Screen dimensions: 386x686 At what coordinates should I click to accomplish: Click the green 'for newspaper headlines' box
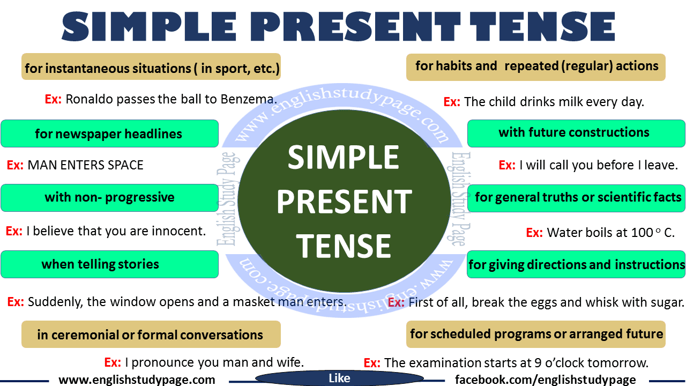click(109, 133)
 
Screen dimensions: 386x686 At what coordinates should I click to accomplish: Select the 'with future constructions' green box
click(576, 133)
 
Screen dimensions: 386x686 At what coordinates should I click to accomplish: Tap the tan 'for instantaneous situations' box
click(151, 67)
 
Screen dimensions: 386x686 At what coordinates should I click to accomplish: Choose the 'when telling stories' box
click(109, 264)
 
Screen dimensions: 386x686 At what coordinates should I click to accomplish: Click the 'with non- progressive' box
click(109, 198)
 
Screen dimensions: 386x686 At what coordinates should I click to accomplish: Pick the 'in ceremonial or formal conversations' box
click(151, 335)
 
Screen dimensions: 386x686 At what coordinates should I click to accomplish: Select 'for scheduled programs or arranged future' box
click(536, 334)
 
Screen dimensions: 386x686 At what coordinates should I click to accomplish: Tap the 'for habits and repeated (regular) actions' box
click(536, 66)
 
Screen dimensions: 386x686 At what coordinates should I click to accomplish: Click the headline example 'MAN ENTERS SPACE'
click(86, 165)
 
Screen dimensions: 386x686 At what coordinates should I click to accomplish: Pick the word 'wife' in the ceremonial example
click(289, 363)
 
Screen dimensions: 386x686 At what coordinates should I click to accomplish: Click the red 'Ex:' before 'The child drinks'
click(452, 102)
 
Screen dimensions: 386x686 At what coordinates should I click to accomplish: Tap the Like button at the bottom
click(339, 378)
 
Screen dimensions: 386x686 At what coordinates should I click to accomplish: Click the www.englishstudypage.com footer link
click(137, 380)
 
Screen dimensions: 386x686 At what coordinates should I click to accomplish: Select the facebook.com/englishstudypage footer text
click(546, 380)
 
